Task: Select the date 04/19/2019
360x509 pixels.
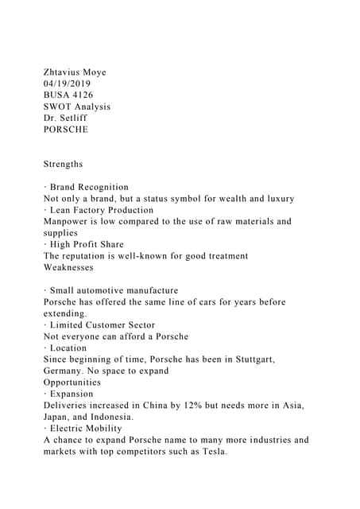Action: tap(68, 84)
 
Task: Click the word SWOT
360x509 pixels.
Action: tap(58, 107)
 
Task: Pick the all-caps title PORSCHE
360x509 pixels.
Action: tap(66, 129)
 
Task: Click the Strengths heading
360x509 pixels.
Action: tap(63, 164)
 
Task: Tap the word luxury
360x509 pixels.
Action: tap(277, 198)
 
